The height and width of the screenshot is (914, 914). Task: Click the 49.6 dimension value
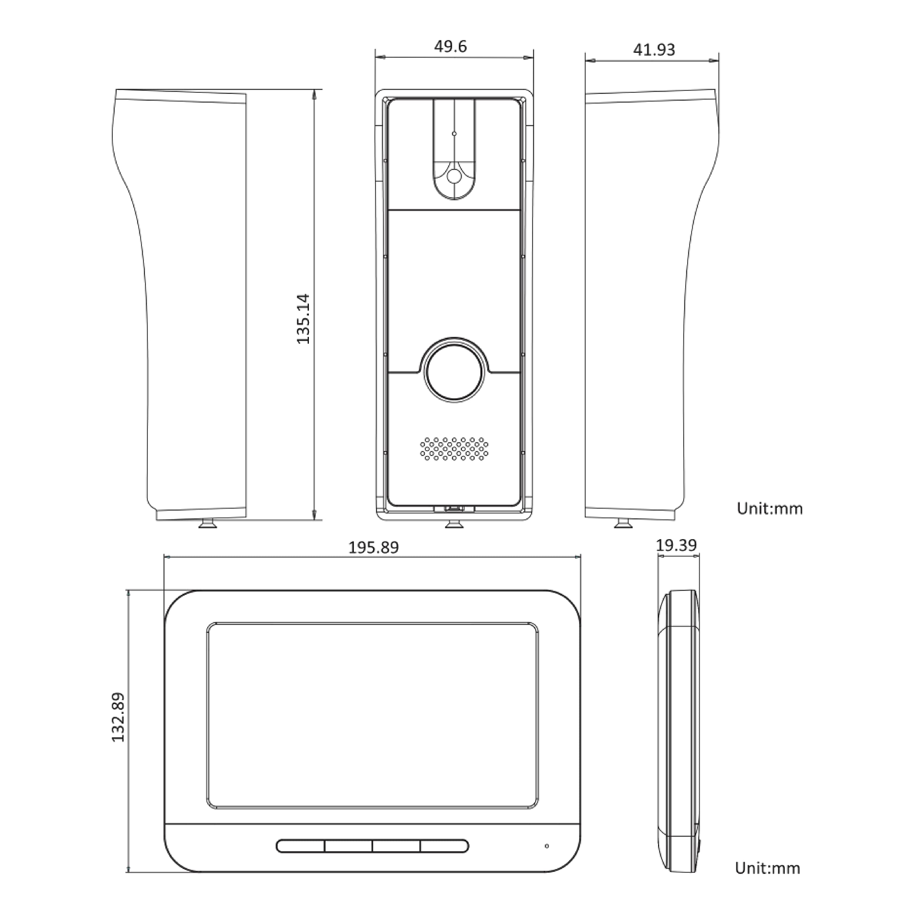tap(450, 46)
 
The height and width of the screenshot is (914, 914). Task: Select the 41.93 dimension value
tap(654, 50)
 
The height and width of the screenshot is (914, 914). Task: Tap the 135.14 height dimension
tap(303, 319)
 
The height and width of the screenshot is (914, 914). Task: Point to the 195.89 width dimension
tap(373, 547)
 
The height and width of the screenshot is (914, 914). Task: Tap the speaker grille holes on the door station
tap(454, 448)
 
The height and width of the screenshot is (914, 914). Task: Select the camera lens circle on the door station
tap(454, 176)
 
